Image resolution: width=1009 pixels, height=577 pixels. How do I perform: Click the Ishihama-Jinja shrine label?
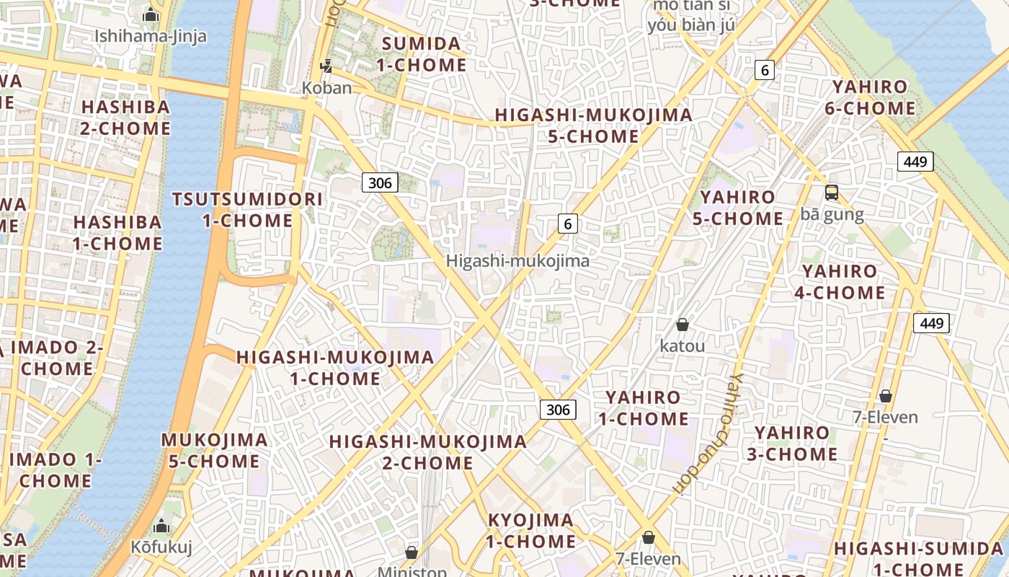tap(151, 35)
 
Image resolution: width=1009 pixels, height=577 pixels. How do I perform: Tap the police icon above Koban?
tap(327, 66)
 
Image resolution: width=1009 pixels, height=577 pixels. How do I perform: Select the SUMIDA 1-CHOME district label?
tap(422, 54)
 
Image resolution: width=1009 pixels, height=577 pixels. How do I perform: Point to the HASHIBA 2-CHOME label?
tap(125, 118)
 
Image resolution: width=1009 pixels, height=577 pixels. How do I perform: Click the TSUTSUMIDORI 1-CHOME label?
tap(247, 210)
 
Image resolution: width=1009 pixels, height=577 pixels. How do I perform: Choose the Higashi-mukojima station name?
tap(517, 261)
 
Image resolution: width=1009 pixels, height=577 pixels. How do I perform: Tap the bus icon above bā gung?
tap(832, 193)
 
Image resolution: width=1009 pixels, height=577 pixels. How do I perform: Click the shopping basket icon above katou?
tap(682, 325)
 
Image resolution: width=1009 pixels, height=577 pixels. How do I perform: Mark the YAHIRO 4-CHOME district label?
tap(840, 282)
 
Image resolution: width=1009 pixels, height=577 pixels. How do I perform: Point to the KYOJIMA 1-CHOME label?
tap(531, 530)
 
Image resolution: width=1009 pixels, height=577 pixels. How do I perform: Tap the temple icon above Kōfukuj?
tap(161, 526)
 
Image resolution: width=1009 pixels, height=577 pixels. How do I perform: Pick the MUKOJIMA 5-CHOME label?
tap(214, 450)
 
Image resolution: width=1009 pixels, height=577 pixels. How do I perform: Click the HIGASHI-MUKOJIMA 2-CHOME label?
tap(427, 452)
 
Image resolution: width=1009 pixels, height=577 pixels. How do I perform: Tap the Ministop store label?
tap(412, 571)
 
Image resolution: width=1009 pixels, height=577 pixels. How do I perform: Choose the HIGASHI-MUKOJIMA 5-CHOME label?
tap(593, 125)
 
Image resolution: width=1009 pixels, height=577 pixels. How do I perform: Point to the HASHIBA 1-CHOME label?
tap(117, 232)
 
